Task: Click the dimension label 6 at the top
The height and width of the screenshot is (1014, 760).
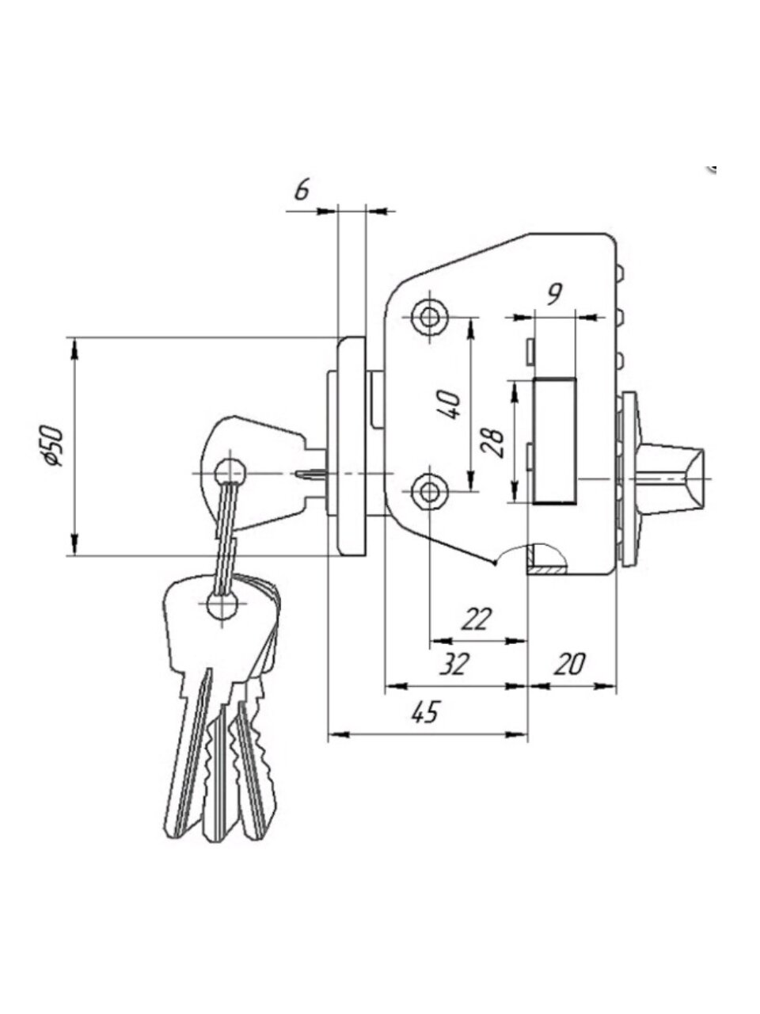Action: pos(302,190)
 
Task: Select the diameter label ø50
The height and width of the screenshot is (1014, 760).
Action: pos(52,446)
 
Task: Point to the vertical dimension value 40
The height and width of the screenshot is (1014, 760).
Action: pos(450,404)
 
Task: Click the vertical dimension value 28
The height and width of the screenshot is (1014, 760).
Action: pos(492,443)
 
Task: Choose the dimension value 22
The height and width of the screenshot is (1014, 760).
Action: pos(477,619)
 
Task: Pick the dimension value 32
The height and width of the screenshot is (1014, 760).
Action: pos(454,665)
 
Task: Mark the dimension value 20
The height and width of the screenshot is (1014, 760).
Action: pos(570,665)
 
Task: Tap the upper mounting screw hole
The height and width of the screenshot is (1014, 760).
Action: pos(430,318)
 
